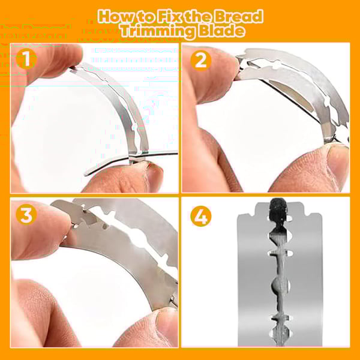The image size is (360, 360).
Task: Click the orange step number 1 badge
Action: pos(26,59)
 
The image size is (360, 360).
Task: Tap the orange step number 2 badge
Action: pos(200,61)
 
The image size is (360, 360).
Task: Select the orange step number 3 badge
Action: pos(26,214)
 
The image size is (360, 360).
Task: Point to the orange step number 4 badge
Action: pos(201,216)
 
